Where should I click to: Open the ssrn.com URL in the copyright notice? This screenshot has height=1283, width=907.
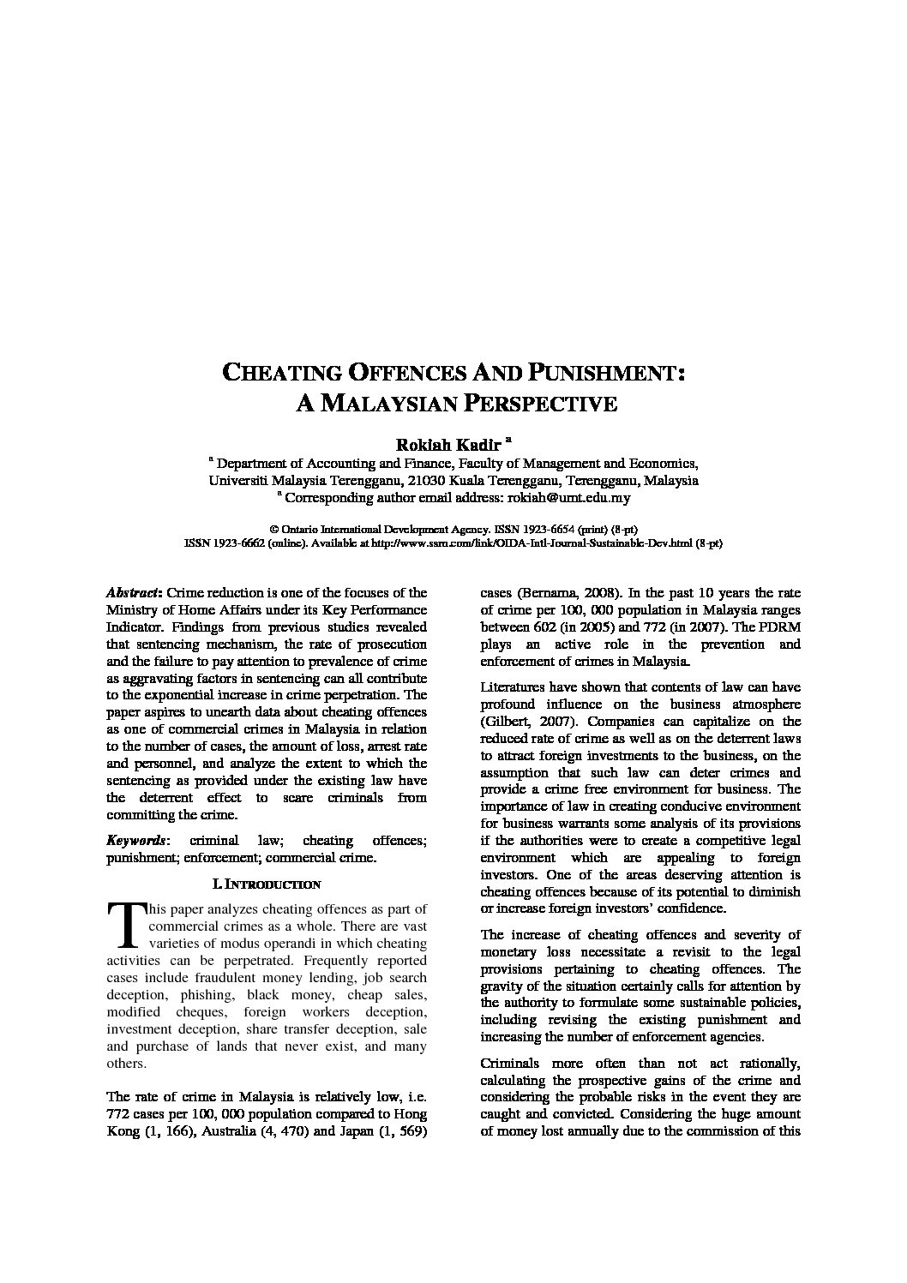[531, 543]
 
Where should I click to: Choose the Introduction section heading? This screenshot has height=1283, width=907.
[266, 884]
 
